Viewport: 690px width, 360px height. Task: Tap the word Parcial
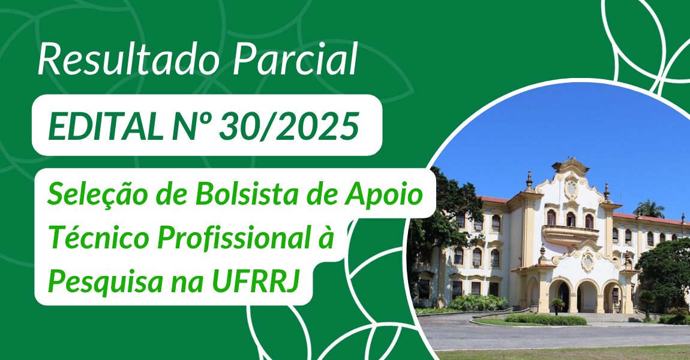click(x=295, y=59)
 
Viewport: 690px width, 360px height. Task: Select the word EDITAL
click(x=105, y=127)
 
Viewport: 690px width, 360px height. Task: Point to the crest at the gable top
click(x=571, y=187)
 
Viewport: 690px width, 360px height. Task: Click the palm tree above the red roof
click(x=650, y=209)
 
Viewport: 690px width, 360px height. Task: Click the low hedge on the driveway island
click(x=545, y=320)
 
